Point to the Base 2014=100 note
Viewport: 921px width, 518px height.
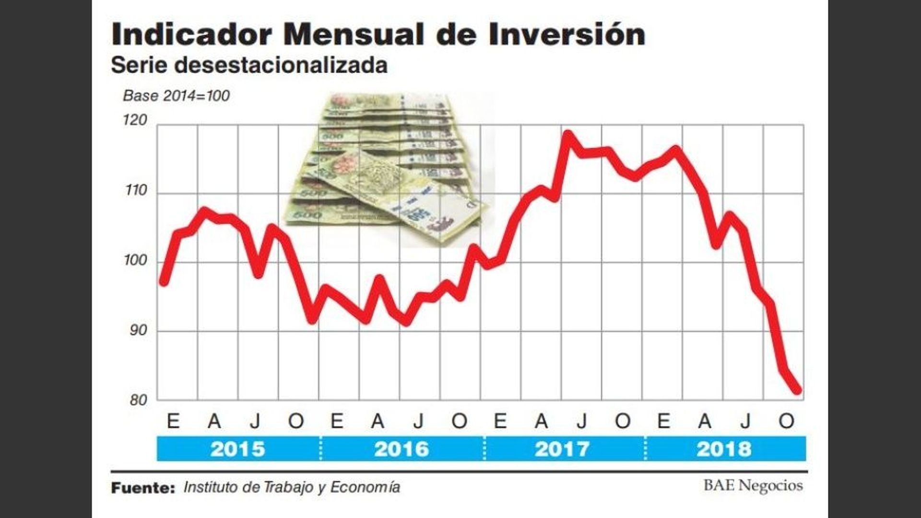[176, 96]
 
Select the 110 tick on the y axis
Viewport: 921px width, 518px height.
[136, 190]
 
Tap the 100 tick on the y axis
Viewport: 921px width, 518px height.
[136, 260]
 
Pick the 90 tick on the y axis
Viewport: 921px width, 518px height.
[138, 331]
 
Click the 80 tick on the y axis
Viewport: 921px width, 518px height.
[138, 400]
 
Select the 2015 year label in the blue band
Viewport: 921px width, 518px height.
[237, 449]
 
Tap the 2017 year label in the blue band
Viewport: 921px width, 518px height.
[562, 449]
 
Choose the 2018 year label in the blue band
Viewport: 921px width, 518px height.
[724, 449]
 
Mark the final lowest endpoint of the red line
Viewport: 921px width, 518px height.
[797, 391]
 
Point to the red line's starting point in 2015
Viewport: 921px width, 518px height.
[164, 282]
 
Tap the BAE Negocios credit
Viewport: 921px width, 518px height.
[753, 485]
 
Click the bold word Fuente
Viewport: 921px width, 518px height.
[143, 488]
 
